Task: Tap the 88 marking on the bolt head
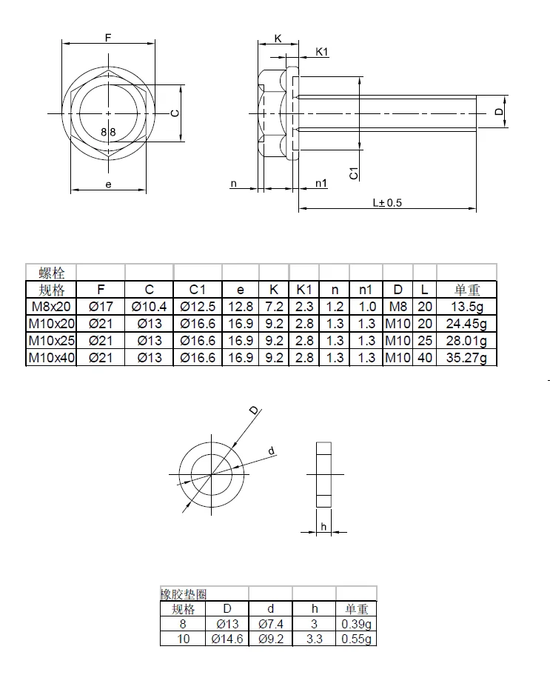(108, 131)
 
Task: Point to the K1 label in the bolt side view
(322, 51)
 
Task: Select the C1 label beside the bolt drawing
(354, 173)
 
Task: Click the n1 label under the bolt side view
(321, 183)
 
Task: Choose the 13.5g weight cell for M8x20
(466, 306)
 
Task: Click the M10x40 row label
(51, 357)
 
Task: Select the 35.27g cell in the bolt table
(466, 357)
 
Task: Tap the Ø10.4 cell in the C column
(149, 306)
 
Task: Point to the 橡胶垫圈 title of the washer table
(183, 594)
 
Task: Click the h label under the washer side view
(323, 527)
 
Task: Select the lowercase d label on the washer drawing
(271, 450)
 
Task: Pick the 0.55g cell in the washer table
(356, 638)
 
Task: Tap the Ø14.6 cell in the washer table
(227, 638)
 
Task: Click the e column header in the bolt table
(241, 290)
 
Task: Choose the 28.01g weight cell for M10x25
(466, 340)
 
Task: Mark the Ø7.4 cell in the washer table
(271, 623)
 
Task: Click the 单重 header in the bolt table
(466, 290)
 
